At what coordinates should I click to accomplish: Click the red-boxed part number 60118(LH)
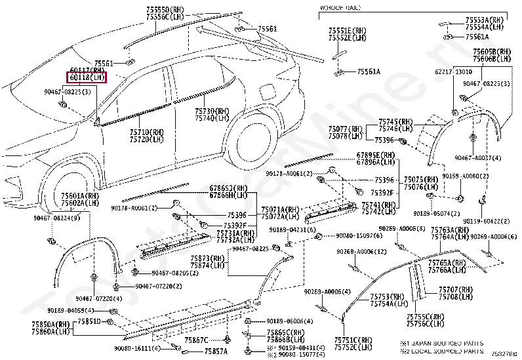pos(87,77)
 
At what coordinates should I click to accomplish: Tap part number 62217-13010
pos(452,71)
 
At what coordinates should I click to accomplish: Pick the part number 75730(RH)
pos(212,111)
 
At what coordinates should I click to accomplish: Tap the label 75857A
pos(215,351)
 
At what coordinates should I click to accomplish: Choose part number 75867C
pos(196,340)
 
